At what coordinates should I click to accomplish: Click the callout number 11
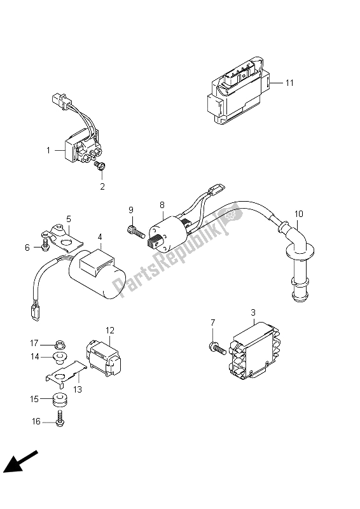pos(289,83)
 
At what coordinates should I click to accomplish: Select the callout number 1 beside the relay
pos(48,150)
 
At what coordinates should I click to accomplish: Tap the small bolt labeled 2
pos(99,166)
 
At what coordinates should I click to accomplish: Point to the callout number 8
pos(162,205)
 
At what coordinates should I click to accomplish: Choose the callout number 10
pos(299,214)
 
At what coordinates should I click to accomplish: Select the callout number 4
pos(100,237)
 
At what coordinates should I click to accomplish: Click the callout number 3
pos(253,312)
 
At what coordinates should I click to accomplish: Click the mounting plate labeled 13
pos(66,375)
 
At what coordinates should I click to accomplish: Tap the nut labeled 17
pos(59,343)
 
